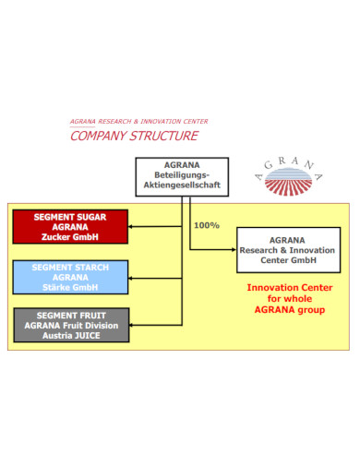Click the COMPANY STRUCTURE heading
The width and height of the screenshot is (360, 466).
tap(134, 137)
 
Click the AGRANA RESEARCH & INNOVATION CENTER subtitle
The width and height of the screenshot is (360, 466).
tap(138, 121)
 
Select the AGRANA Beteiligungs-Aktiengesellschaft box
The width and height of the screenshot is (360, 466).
tap(181, 175)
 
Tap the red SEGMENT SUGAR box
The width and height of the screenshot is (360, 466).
tap(70, 227)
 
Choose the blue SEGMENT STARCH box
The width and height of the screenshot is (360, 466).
tap(70, 276)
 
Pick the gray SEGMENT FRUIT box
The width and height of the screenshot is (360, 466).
tap(70, 325)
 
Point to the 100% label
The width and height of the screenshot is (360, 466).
tap(207, 225)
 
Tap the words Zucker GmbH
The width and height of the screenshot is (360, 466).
tap(70, 237)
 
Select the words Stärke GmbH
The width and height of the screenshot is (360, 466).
tap(70, 286)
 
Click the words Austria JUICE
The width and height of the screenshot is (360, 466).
tap(70, 335)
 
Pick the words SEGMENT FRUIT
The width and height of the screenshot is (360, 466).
tap(70, 315)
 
